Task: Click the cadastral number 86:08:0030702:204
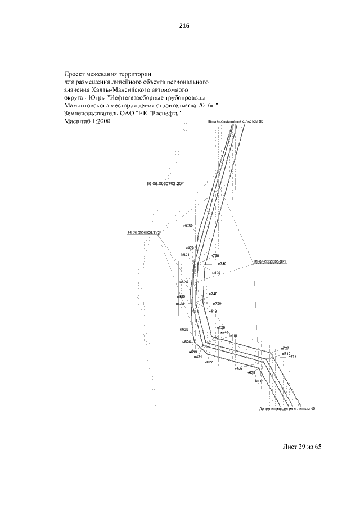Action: pos(169,184)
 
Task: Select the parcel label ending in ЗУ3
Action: pos(144,232)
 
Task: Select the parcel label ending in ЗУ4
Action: pos(271,262)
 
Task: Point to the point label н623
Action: pos(188,226)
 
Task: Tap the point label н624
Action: pos(184,281)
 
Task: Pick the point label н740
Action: pos(213,294)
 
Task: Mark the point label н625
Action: pos(184,329)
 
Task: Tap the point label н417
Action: pos(291,357)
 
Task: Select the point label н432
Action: pos(238,368)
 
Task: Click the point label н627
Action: pos(208,362)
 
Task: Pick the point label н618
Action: pos(259,381)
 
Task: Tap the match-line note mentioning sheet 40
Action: pos(287,409)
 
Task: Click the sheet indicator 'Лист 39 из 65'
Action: pos(302,447)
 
